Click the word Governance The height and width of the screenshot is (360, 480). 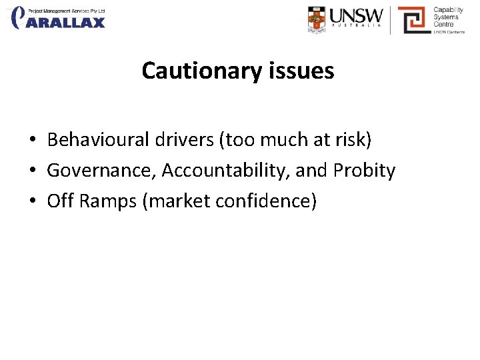(x=99, y=171)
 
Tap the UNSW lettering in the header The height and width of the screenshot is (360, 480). (x=357, y=15)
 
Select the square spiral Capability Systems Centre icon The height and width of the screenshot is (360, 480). (x=413, y=19)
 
